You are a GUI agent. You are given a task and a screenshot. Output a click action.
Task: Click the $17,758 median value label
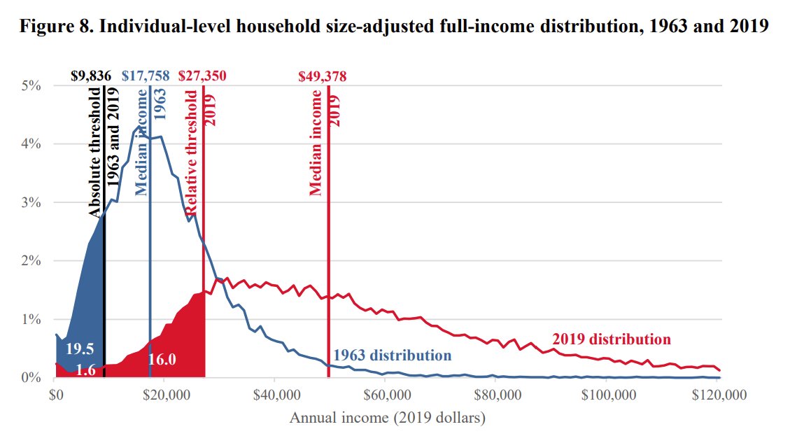145,76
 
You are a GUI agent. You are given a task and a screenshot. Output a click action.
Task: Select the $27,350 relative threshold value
202,76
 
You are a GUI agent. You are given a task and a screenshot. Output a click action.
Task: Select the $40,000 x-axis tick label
275,395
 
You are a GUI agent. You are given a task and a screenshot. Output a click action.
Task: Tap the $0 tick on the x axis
56,395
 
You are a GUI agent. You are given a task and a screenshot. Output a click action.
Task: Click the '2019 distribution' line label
611,339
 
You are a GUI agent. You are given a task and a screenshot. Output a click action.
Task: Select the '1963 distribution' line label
392,355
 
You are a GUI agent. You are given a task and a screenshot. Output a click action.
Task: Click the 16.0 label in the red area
162,360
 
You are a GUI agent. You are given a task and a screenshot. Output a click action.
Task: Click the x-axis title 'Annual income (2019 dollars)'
387,419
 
